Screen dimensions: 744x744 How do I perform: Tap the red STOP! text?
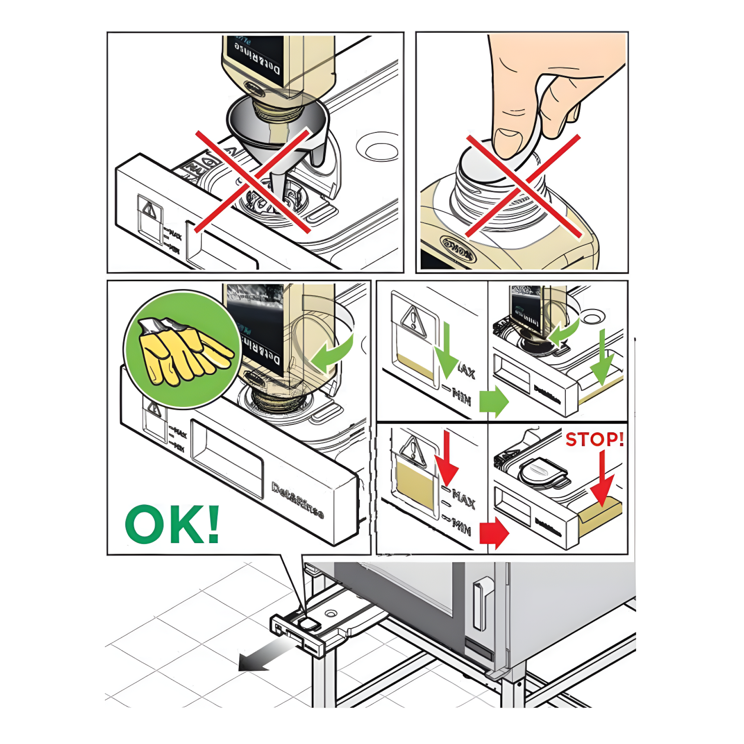[594, 439]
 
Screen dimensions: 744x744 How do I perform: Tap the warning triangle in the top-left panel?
[150, 210]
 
